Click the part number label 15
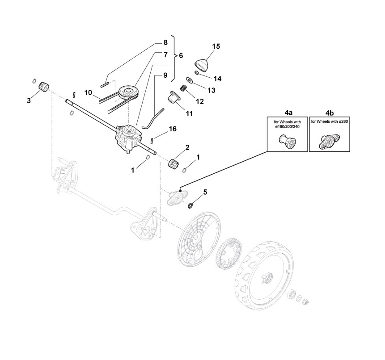click(216, 46)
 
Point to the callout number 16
click(172, 129)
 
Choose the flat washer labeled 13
click(190, 80)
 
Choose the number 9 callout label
click(165, 75)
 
